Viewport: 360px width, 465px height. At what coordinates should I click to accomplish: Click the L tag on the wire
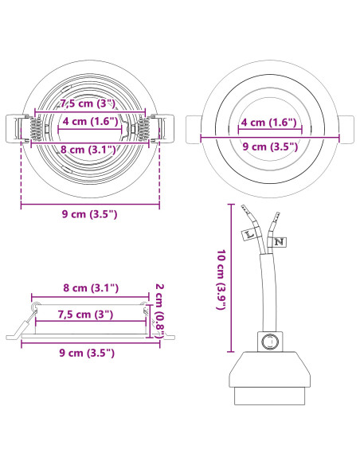[248, 234]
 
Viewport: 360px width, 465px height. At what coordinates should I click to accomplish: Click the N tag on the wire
[279, 242]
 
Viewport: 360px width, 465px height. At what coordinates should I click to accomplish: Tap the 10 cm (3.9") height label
[221, 279]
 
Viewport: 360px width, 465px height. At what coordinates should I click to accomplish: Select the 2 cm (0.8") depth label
[160, 311]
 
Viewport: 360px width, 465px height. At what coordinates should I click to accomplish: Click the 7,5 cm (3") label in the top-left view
[88, 104]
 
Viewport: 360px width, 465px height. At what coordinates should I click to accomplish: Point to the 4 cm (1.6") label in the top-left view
[90, 121]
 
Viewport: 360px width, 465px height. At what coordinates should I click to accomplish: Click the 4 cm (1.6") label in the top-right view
[268, 122]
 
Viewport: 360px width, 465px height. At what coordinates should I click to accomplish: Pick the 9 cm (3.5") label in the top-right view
[270, 147]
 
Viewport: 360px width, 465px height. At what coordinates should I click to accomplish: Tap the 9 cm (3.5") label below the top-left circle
[89, 214]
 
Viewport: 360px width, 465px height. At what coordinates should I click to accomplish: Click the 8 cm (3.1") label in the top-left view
[88, 149]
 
